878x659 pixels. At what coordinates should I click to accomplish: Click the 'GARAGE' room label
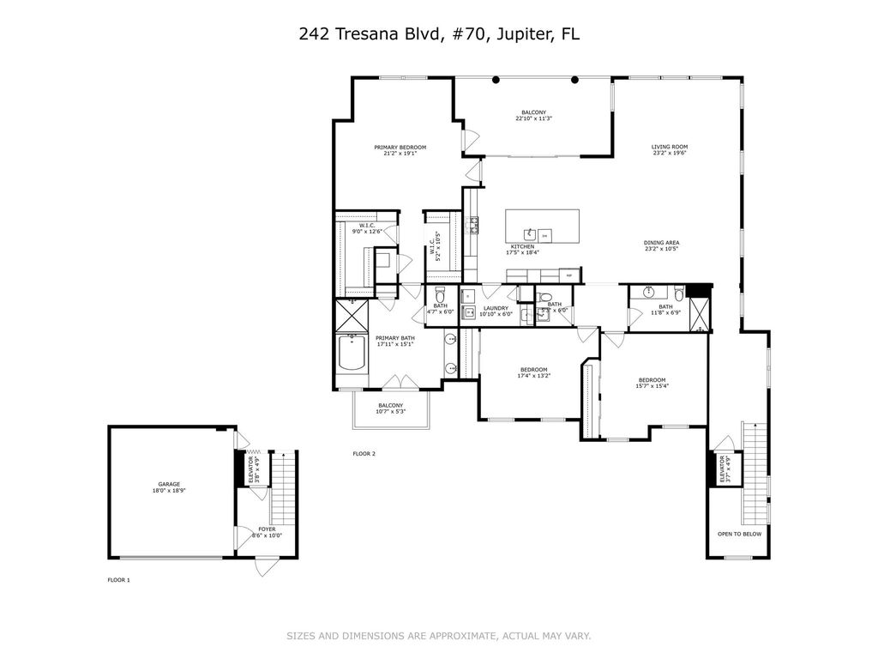pos(168,484)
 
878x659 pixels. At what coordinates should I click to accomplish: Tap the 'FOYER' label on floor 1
pos(268,529)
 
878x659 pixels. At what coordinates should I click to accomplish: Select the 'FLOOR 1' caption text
pos(118,581)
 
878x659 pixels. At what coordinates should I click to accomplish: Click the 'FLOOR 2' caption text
pos(364,453)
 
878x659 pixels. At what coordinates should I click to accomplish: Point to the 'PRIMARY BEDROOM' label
pos(400,148)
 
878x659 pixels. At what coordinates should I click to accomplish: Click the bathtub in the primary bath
pos(351,354)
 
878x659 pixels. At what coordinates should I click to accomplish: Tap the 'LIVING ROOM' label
pos(670,148)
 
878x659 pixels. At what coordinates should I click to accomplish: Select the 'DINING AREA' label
pos(661,243)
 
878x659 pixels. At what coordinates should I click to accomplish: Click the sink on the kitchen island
pos(531,233)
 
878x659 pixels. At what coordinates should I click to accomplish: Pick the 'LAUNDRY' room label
pos(496,308)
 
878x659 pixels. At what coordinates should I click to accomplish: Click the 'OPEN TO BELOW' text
pos(739,534)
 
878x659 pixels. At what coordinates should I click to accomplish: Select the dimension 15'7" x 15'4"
pos(652,386)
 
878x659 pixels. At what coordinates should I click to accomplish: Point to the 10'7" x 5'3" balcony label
pos(391,412)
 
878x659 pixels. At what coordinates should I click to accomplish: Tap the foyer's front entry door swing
pos(267,566)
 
